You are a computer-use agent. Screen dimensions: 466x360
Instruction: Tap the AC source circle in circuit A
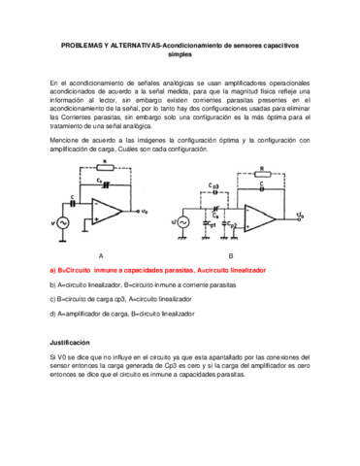pyautogui.click(x=62, y=222)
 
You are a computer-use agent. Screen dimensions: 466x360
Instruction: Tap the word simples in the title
pyautogui.click(x=180, y=54)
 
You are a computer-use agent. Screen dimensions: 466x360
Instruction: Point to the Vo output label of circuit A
pyautogui.click(x=144, y=211)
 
